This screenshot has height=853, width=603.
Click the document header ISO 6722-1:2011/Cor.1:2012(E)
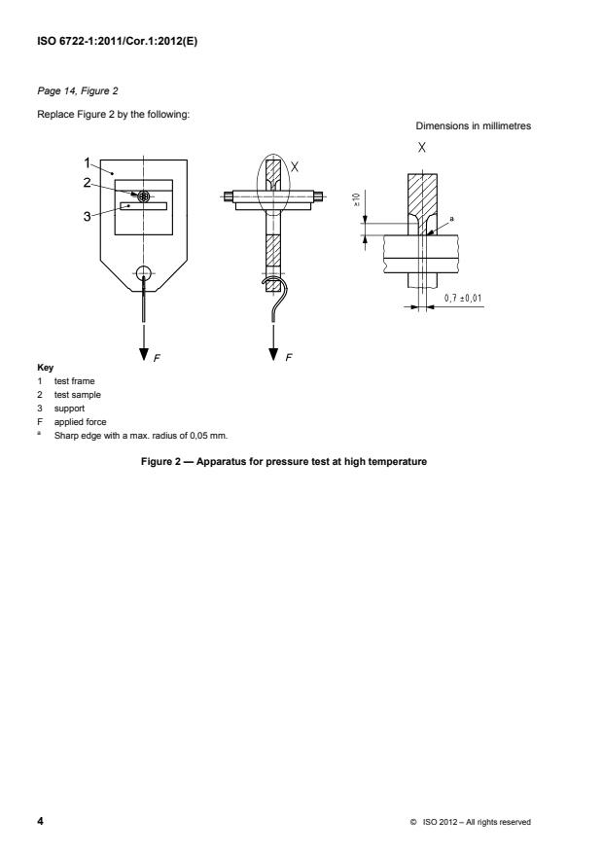pos(117,41)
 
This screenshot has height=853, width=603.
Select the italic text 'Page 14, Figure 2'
pos(77,90)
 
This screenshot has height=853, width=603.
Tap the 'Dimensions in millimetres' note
pos(473,125)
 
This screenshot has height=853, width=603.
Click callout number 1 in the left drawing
pos(87,162)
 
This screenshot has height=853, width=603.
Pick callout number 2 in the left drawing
pos(87,183)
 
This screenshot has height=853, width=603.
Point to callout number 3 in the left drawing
pos(87,217)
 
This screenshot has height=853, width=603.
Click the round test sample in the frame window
pos(144,196)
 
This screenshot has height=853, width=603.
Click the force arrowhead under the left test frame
pos(144,354)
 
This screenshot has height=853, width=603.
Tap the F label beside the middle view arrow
pos(289,357)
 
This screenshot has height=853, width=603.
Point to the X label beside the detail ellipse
pos(294,166)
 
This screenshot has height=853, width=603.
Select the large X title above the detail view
pos(421,148)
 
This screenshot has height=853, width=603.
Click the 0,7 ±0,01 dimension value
pos(463,299)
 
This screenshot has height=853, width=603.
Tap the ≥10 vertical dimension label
pos(356,199)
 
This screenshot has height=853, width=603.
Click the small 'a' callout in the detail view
pos(451,219)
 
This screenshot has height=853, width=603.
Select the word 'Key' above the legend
pos(45,368)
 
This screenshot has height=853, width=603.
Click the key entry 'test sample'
pos(77,395)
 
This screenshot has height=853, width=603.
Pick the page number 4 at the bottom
pos(40,821)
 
